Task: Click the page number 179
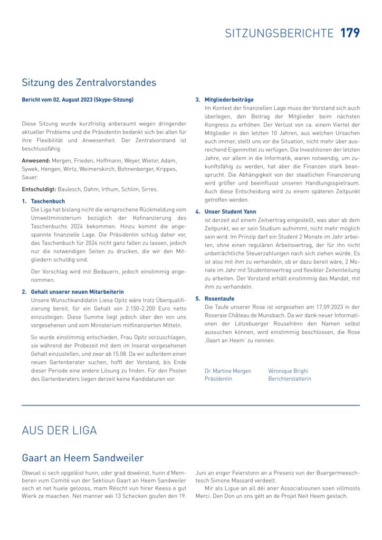[x=350, y=33]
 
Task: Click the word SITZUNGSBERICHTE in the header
[x=279, y=33]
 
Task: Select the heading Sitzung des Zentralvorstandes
[x=89, y=83]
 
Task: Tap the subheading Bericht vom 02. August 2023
[x=78, y=100]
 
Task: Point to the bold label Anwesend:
[x=36, y=160]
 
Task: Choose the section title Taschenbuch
[x=48, y=201]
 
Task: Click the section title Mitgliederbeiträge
[x=229, y=100]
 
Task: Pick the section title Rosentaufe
[x=219, y=298]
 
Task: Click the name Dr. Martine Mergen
[x=228, y=371]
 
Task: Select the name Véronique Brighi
[x=288, y=371]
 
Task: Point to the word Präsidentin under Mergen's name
[x=218, y=379]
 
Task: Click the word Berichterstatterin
[x=290, y=379]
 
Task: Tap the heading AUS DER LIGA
[x=59, y=430]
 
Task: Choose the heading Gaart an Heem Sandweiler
[x=82, y=458]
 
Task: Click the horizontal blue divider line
[x=191, y=405]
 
